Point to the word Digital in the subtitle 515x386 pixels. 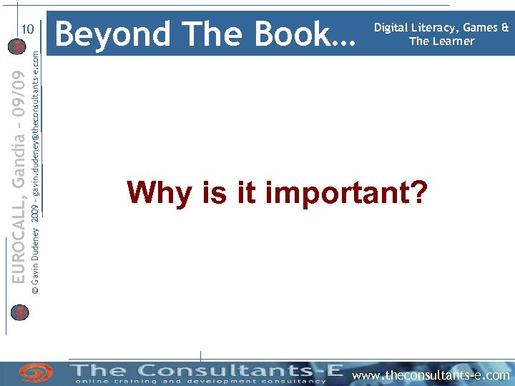(x=394, y=28)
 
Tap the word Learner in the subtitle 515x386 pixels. (x=453, y=41)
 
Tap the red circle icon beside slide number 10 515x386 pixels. (x=19, y=47)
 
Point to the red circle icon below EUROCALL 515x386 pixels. (x=19, y=312)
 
